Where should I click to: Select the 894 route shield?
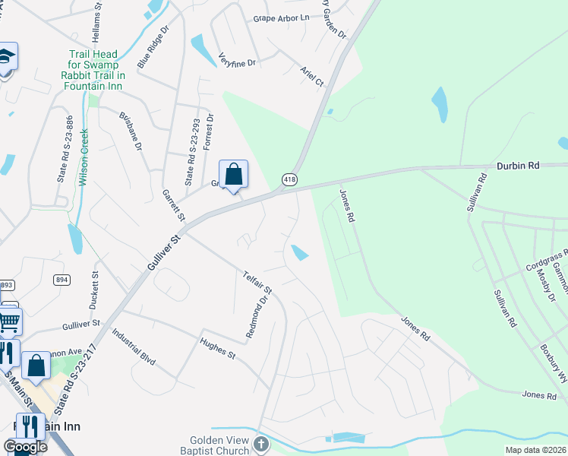[x=62, y=280]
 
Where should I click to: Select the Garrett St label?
[x=174, y=205]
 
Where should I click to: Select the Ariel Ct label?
[x=311, y=76]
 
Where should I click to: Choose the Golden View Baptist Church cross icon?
[x=260, y=443]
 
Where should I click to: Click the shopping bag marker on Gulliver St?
[x=233, y=175]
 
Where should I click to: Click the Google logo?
[x=24, y=446]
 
